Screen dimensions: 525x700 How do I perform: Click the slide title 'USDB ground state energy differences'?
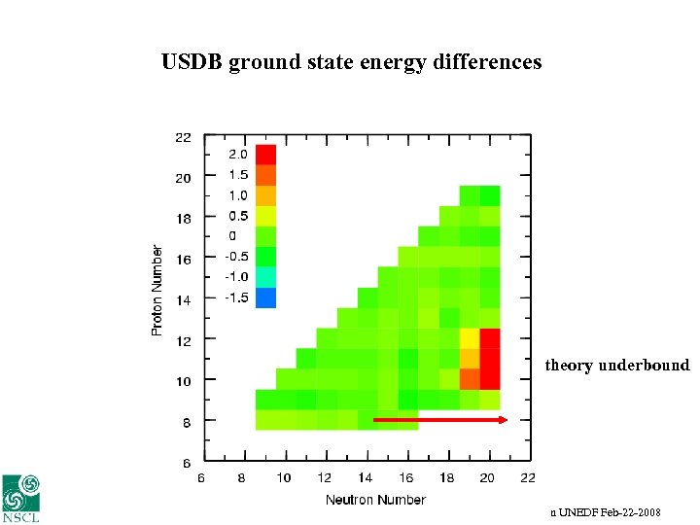pos(351,62)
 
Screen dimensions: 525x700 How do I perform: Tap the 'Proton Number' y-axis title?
pos(157,291)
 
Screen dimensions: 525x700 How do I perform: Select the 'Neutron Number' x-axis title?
pos(375,500)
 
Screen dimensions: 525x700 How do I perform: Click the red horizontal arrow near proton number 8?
pos(440,420)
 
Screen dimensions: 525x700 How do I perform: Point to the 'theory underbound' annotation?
pos(616,366)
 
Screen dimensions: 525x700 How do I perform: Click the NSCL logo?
pos(21,498)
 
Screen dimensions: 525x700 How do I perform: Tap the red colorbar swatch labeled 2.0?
pos(265,155)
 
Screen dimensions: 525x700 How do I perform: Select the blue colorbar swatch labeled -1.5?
pos(265,297)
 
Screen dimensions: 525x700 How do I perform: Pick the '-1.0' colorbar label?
pos(238,277)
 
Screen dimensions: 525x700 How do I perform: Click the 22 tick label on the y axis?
pos(183,137)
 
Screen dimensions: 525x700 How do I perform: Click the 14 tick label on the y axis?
pos(183,300)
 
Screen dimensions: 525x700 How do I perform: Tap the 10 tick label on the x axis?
pos(284,477)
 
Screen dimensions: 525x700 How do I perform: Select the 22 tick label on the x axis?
pos(528,477)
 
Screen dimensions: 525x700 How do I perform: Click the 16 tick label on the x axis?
pos(405,477)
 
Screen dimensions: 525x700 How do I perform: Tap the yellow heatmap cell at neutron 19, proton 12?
pos(470,338)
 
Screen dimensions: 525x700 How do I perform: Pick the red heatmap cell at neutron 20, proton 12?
pos(490,338)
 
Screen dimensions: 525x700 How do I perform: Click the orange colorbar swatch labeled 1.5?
pos(265,175)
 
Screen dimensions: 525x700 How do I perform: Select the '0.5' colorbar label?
pos(238,216)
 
